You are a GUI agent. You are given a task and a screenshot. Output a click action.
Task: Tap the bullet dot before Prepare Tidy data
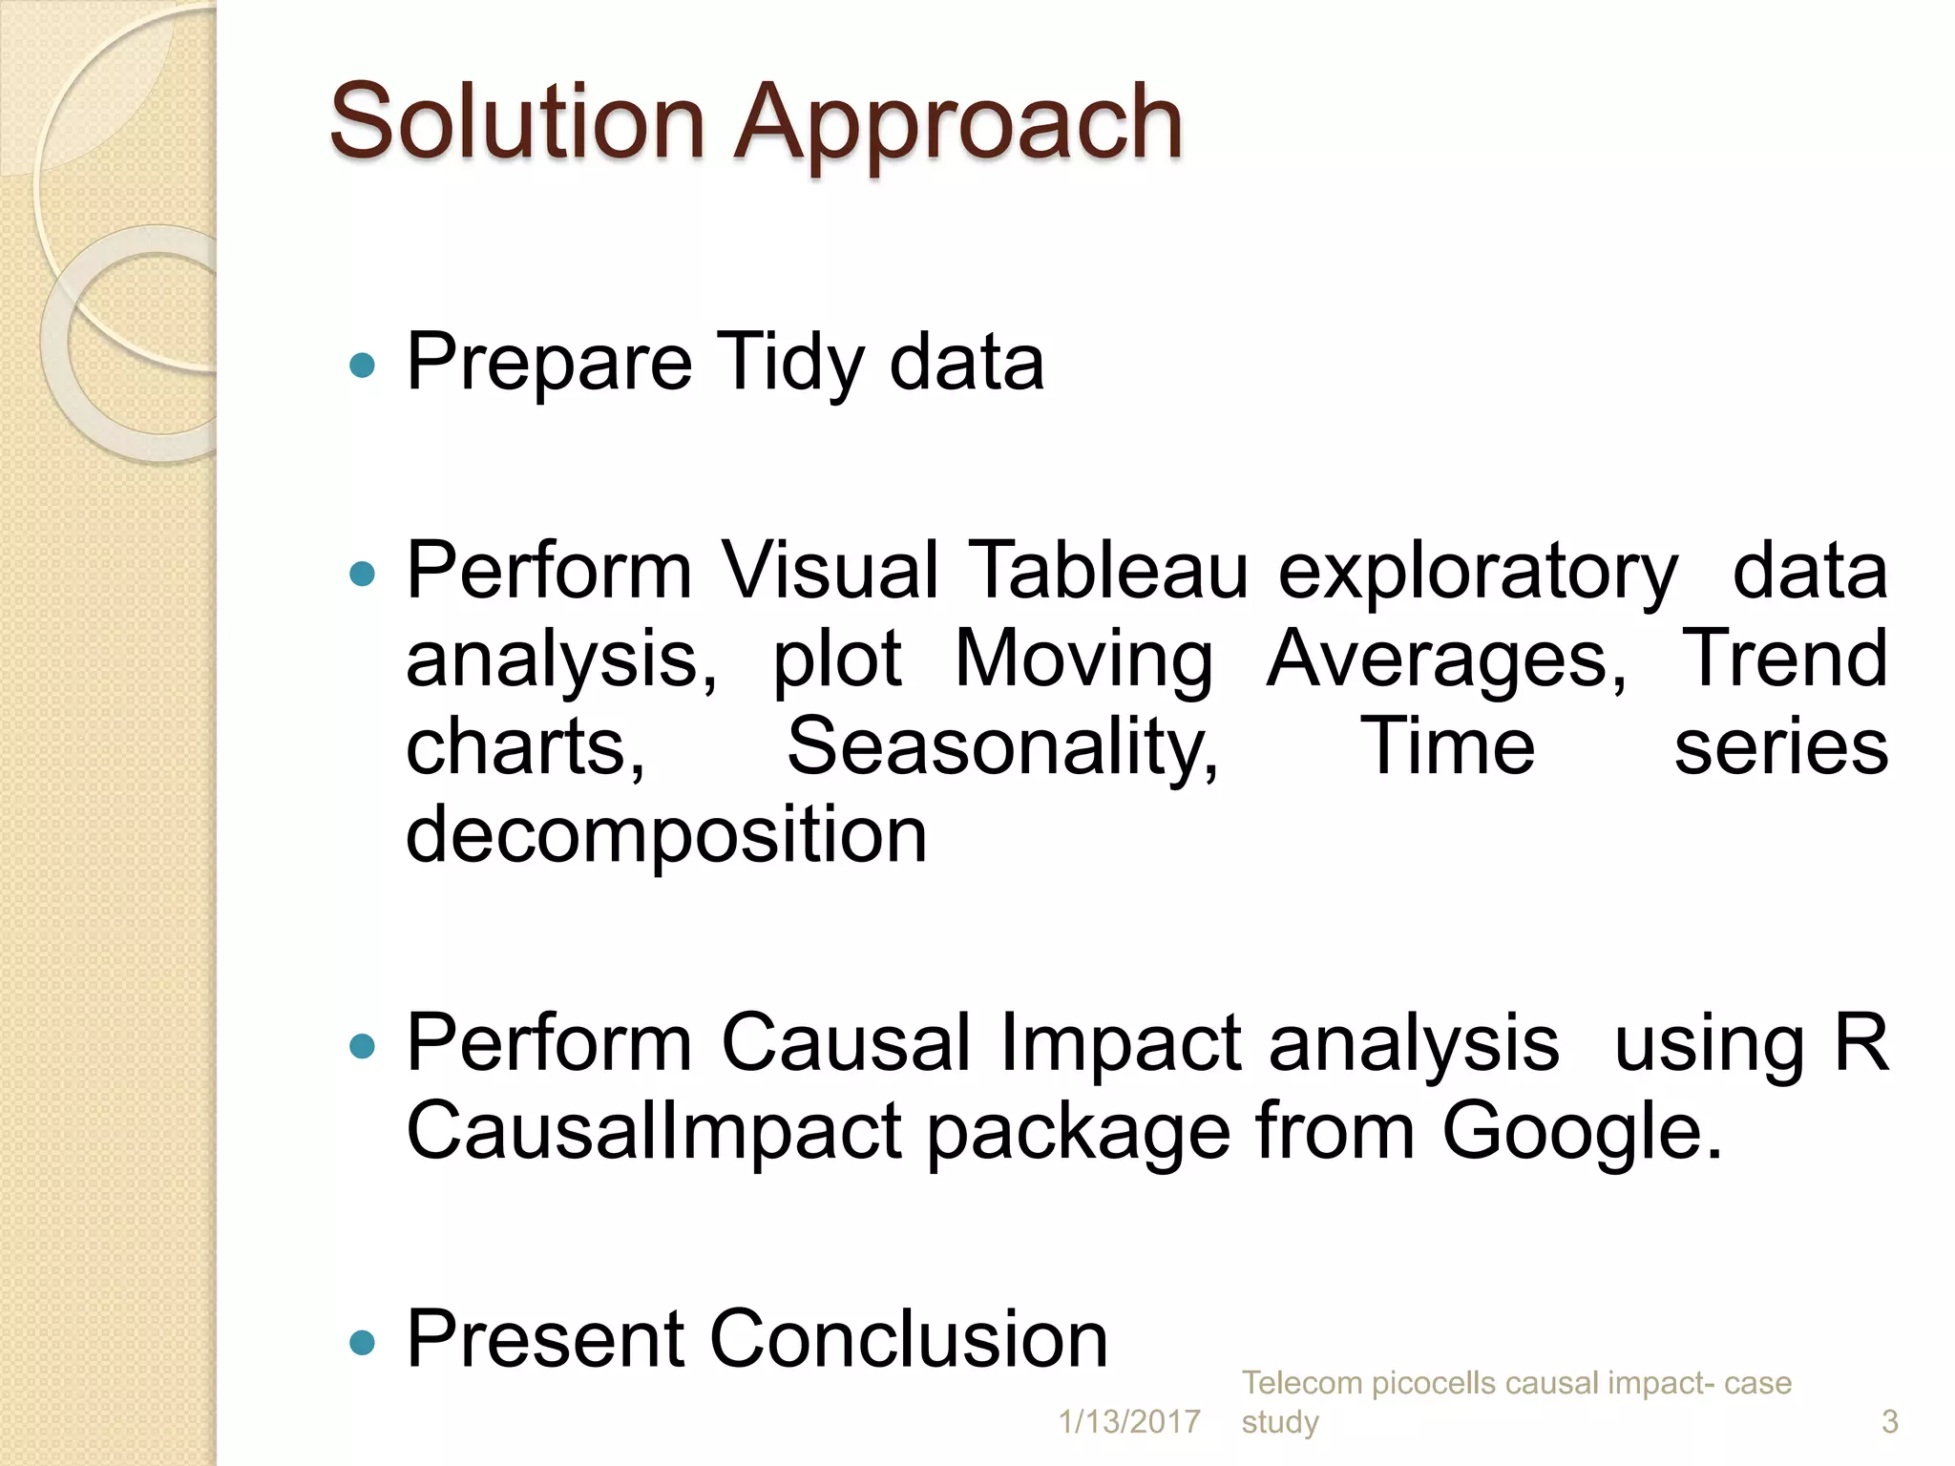pyautogui.click(x=363, y=365)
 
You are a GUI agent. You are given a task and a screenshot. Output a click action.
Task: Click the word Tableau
pyautogui.click(x=1108, y=571)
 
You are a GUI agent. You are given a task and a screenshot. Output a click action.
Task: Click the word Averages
pyautogui.click(x=1446, y=659)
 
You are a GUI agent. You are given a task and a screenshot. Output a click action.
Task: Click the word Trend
pyautogui.click(x=1783, y=659)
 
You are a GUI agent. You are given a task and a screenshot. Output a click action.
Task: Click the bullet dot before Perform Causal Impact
pyautogui.click(x=363, y=1047)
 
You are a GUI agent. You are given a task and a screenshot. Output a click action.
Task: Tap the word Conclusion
pyautogui.click(x=908, y=1339)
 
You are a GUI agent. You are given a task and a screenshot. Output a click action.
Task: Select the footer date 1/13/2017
pyautogui.click(x=1129, y=1422)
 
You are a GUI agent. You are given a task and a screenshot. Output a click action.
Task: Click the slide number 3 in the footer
pyautogui.click(x=1889, y=1422)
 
